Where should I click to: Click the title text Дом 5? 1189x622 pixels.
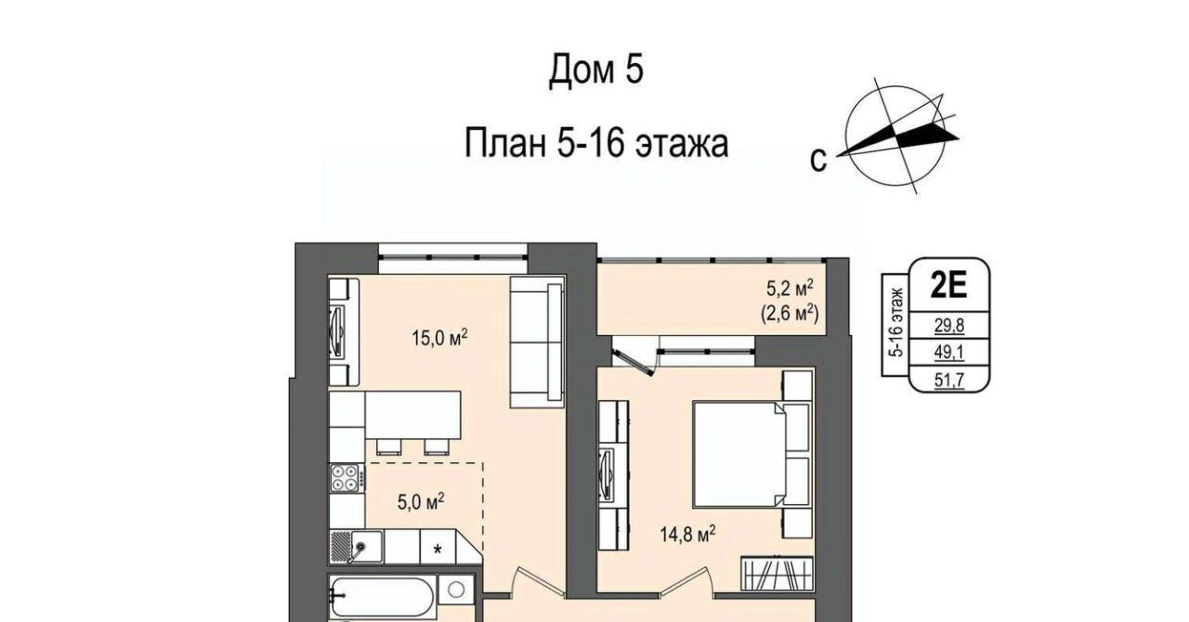coord(596,70)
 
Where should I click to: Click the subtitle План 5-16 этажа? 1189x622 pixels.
coord(596,143)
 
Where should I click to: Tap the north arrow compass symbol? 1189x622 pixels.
coord(897,139)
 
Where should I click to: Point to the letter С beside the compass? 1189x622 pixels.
coord(818,160)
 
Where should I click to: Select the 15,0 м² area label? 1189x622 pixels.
coord(440,338)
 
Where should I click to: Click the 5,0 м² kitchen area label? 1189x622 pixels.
coord(421,501)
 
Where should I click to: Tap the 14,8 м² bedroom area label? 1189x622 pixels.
coord(687,534)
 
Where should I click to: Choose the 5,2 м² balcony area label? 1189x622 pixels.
coord(790,289)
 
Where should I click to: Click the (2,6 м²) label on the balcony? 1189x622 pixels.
coord(790,314)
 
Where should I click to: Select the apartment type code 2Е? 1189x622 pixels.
coord(948,286)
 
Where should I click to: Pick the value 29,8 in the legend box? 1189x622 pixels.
coord(949,325)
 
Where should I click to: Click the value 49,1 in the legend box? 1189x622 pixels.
coord(949,353)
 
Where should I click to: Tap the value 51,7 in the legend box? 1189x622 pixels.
coord(949,380)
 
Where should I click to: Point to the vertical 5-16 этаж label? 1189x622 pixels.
coord(896,322)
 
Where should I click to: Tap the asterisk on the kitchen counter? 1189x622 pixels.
coord(438,550)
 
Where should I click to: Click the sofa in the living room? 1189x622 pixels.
coord(537,343)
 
